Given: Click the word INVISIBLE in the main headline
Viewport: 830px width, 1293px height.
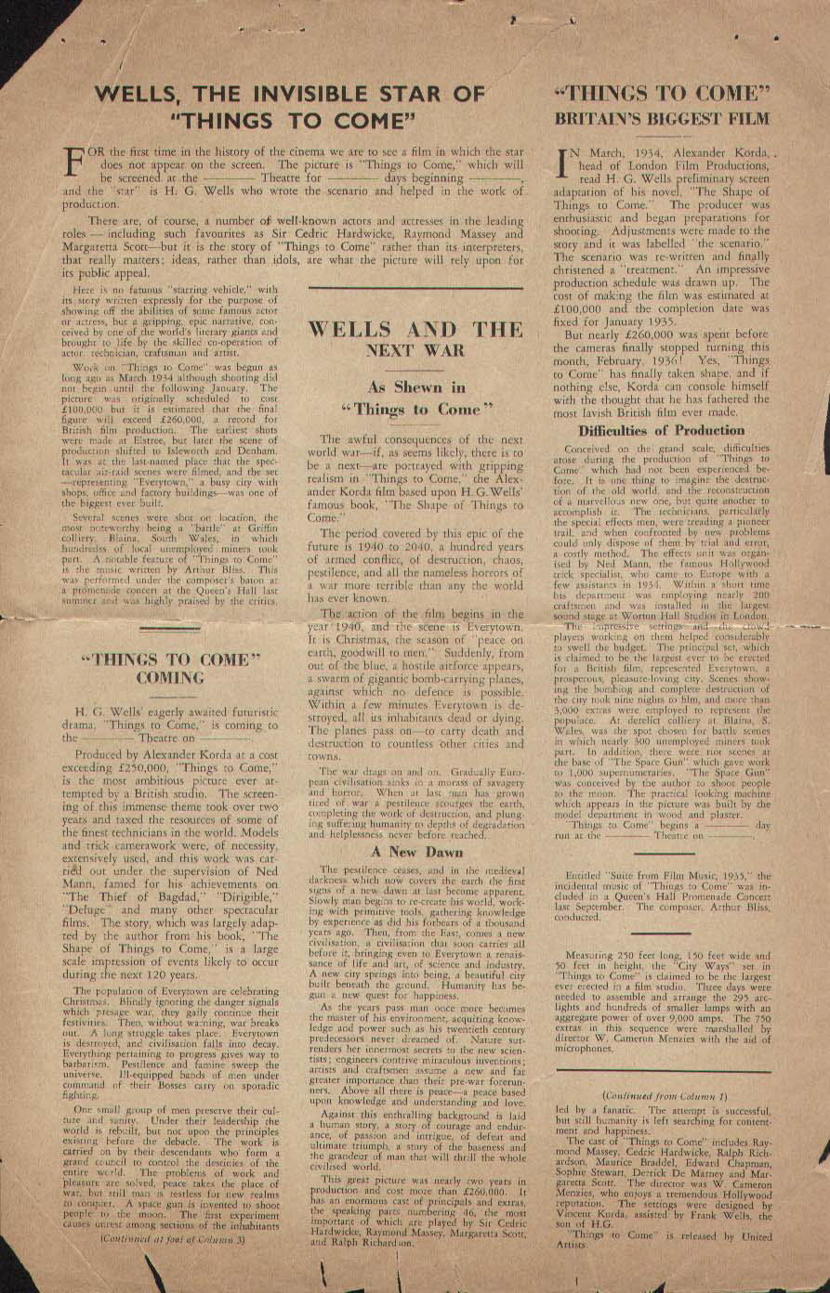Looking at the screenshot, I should (x=310, y=94).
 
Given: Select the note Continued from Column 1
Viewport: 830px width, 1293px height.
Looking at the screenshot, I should (x=662, y=1096).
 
